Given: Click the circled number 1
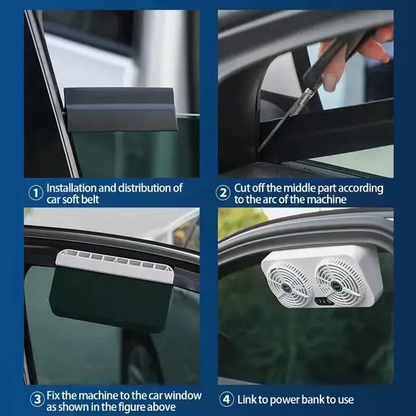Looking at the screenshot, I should pos(35,193).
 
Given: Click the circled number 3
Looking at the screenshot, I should pos(35,400).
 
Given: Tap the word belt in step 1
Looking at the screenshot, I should pos(88,199).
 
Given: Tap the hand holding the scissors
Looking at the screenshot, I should pos(351,55).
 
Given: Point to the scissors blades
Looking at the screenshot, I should pos(279,120).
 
